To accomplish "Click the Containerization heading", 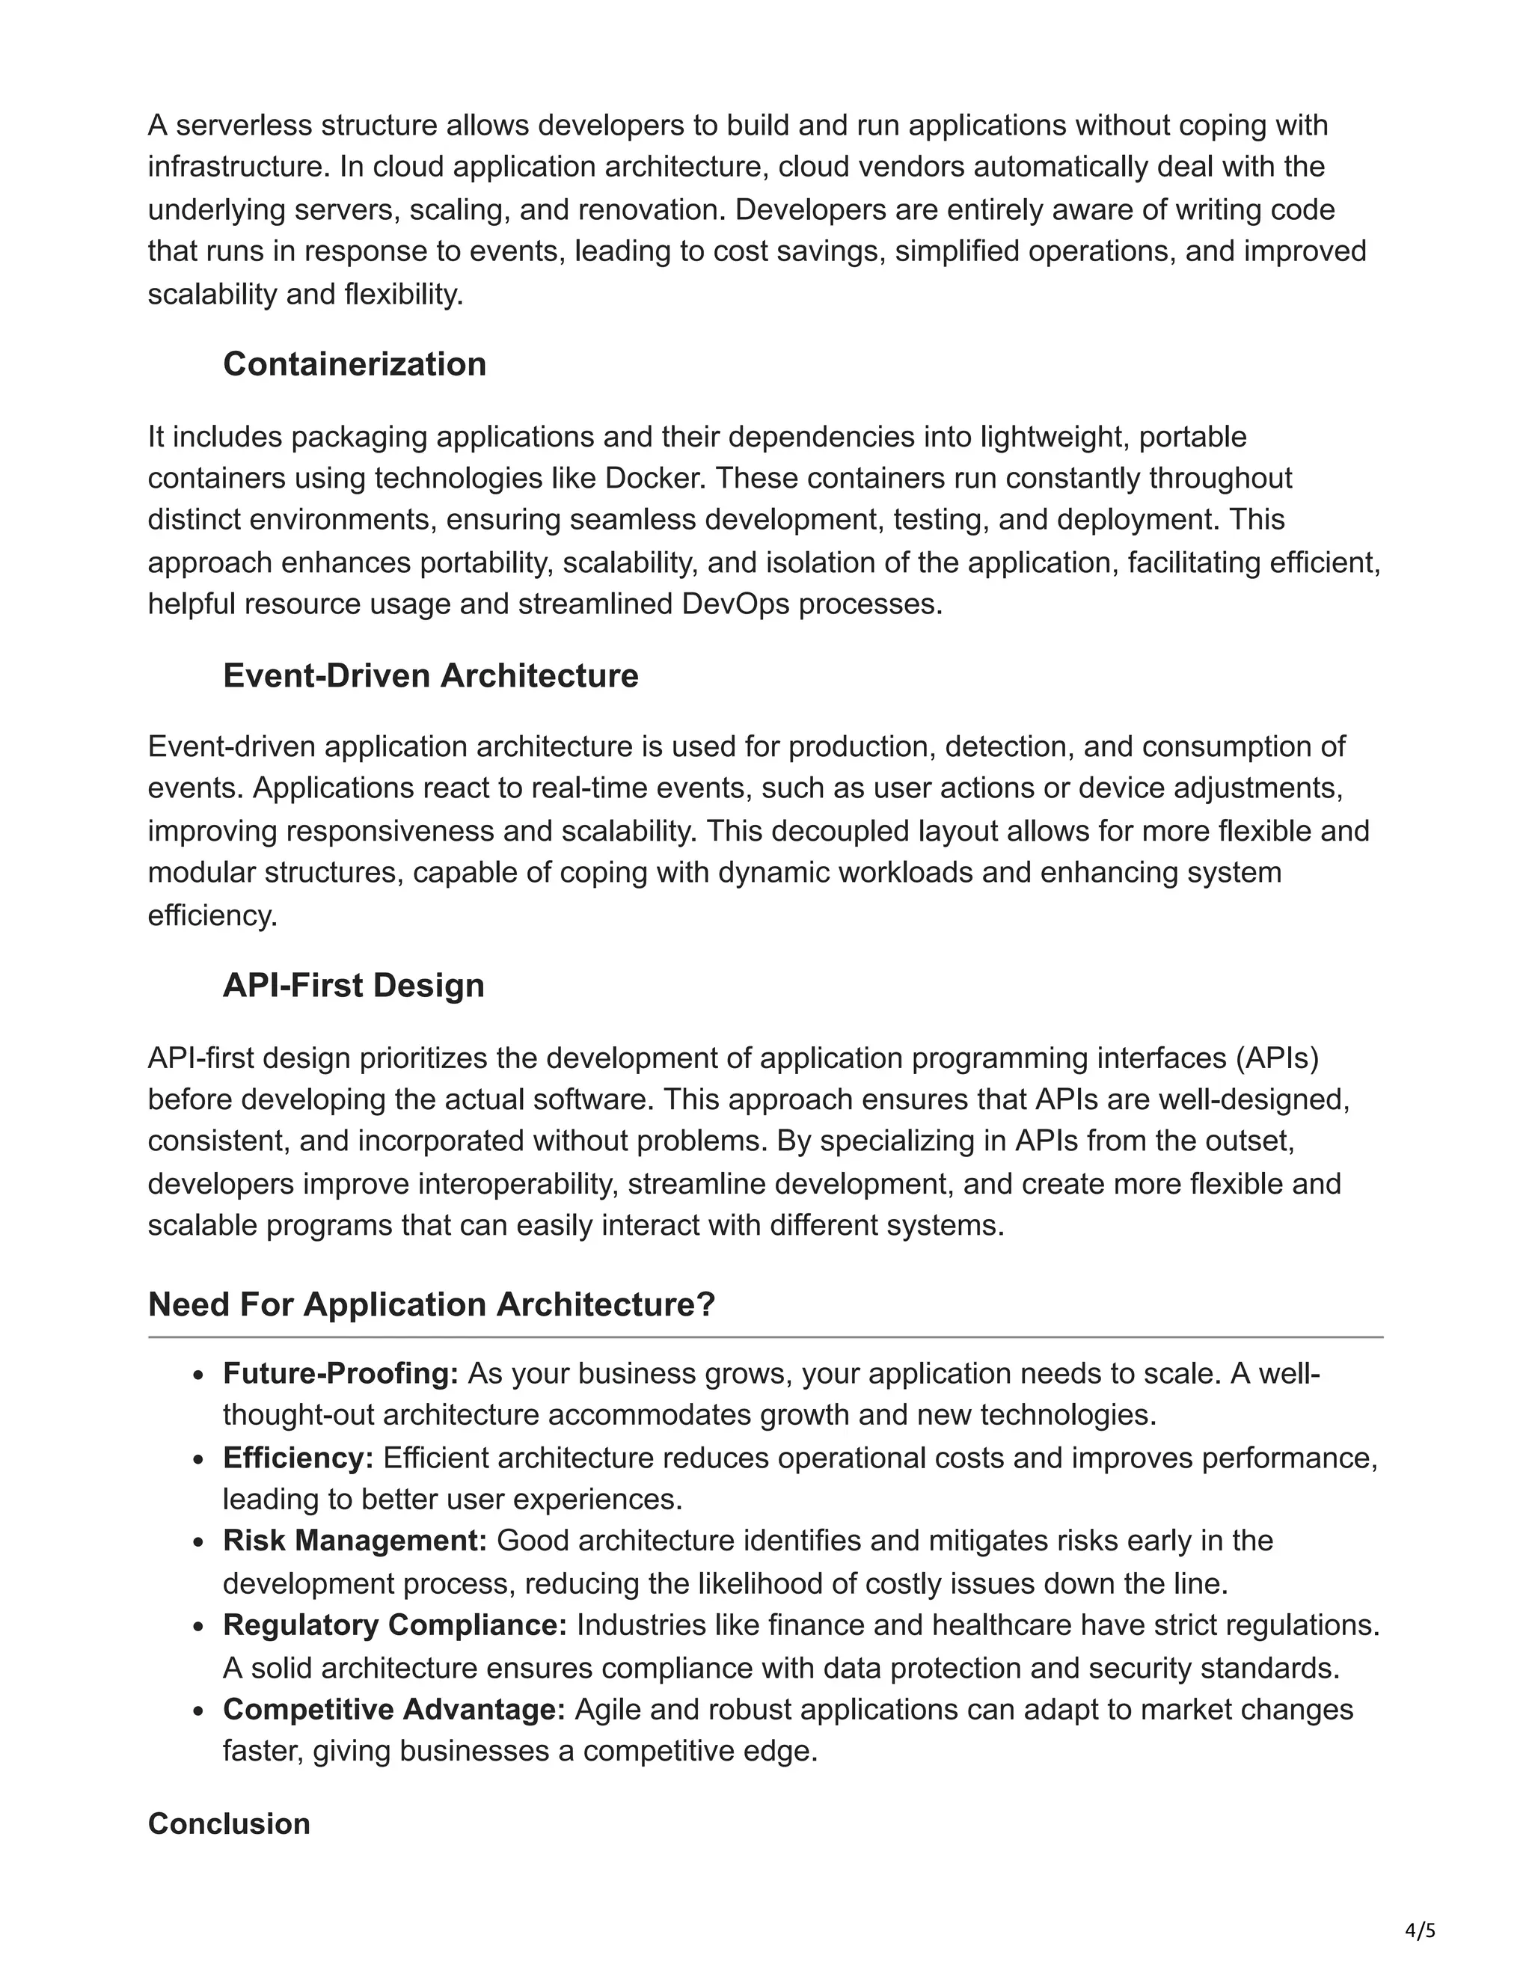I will pyautogui.click(x=354, y=364).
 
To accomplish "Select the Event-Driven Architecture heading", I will pyautogui.click(x=430, y=675).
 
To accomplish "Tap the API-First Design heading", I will pyautogui.click(x=353, y=986).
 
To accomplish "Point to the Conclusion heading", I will pyautogui.click(x=229, y=1824).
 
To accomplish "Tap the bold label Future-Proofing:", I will pyautogui.click(x=341, y=1374).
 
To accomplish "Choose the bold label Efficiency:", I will pyautogui.click(x=298, y=1458).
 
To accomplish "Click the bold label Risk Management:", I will pyautogui.click(x=355, y=1541).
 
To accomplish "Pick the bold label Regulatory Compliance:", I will pyautogui.click(x=395, y=1624).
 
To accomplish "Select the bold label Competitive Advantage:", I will pyautogui.click(x=394, y=1709).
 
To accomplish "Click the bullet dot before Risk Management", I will pyautogui.click(x=199, y=1543).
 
